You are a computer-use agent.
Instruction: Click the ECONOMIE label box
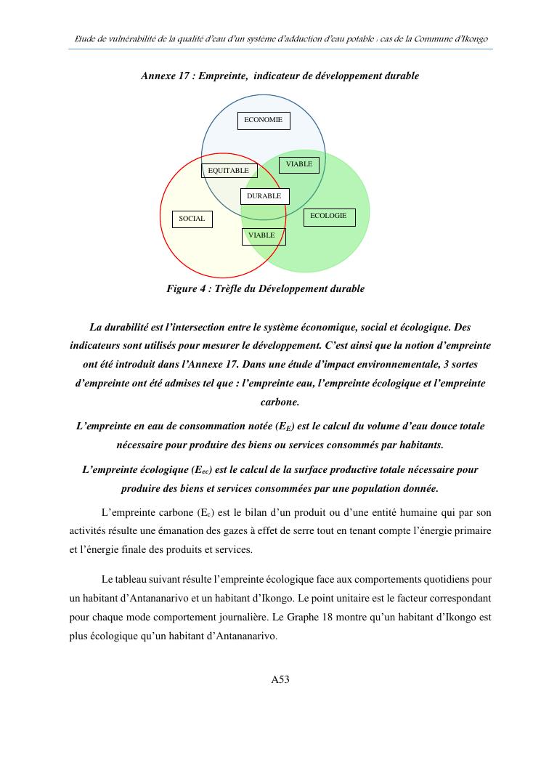coord(264,121)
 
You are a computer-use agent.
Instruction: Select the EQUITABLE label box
coord(229,171)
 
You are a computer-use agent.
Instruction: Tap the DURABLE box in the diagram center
coord(264,196)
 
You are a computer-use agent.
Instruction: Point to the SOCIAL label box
coord(192,219)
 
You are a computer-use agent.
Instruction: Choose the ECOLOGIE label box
coord(329,216)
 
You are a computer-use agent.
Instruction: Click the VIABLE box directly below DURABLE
coord(263,236)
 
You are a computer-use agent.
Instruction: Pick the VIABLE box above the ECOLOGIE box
coord(298,165)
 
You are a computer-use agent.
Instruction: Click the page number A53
coord(280,680)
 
